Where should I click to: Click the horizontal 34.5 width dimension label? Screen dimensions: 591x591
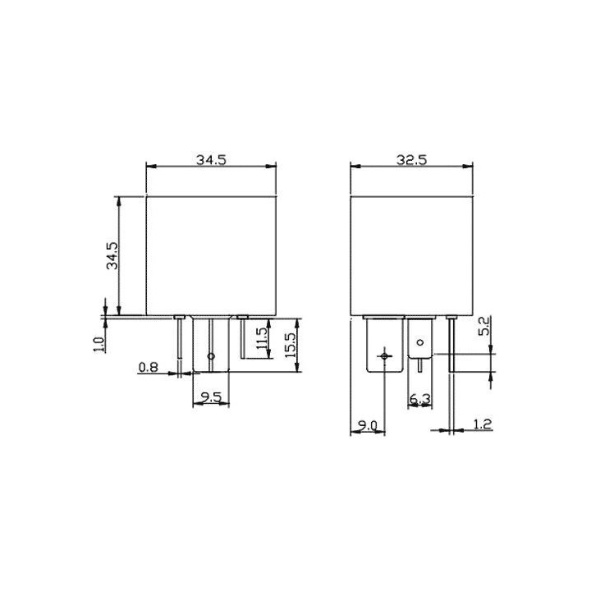[211, 160]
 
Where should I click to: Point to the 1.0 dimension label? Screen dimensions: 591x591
[98, 342]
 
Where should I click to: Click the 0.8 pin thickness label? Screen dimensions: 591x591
[149, 368]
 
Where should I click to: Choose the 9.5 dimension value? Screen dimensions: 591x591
[211, 398]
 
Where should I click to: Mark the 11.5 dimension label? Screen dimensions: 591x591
[261, 340]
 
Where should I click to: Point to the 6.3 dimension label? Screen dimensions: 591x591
[419, 399]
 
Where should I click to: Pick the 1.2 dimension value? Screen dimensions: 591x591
[483, 424]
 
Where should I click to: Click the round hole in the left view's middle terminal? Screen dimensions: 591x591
[211, 356]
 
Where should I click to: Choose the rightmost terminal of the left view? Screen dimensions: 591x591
[242, 337]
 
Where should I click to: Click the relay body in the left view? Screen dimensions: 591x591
[211, 254]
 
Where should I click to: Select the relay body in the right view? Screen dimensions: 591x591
[411, 254]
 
